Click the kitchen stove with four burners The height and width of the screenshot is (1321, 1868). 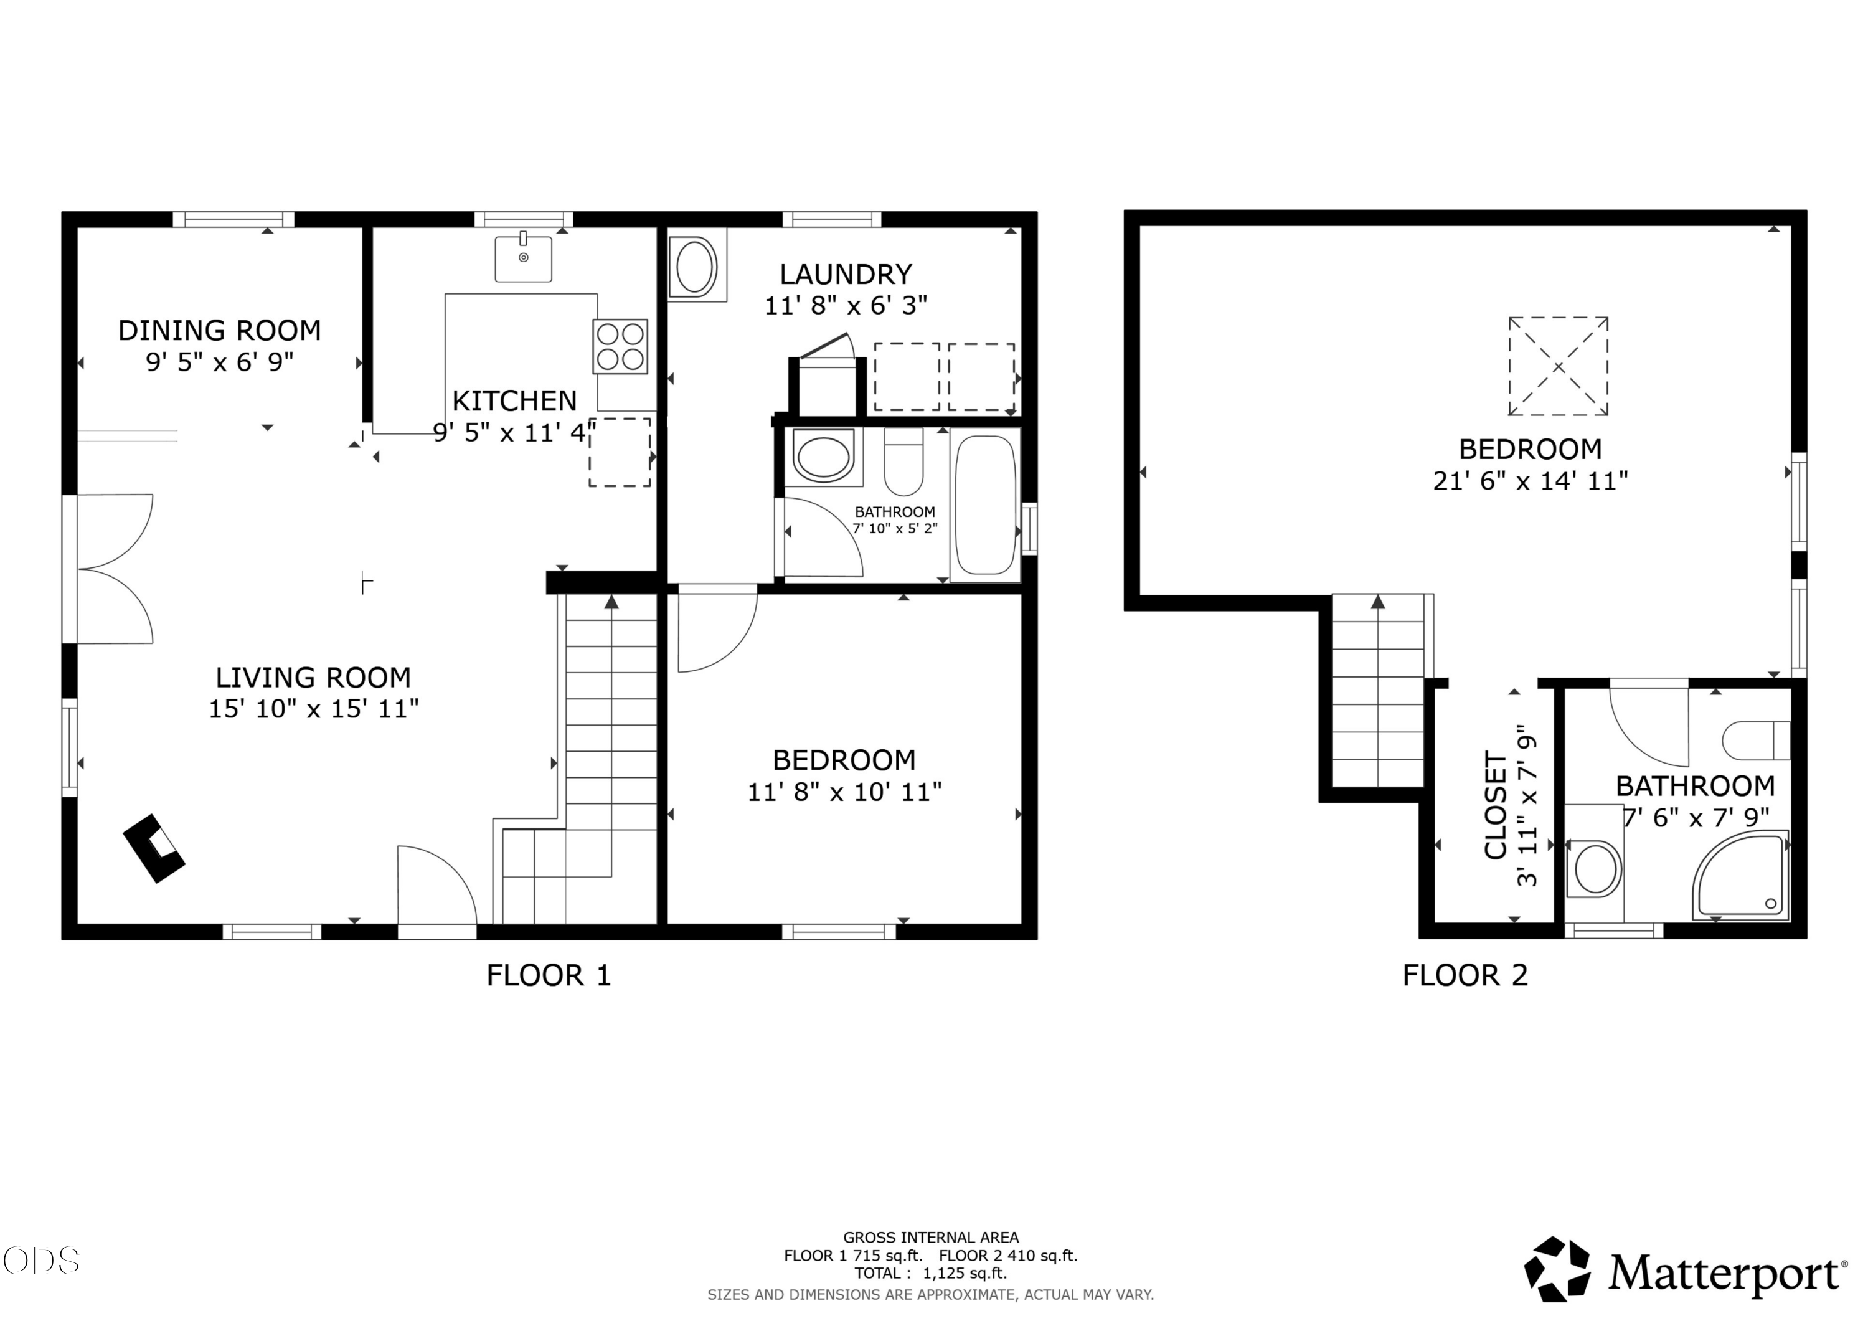coord(620,347)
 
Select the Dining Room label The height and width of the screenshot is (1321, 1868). coord(220,331)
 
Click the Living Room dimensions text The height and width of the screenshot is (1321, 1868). coord(314,709)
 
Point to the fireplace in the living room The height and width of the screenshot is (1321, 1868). coord(154,848)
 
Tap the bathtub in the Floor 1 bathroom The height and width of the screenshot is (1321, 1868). coord(985,504)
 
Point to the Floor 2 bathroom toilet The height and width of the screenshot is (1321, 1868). coord(1756,741)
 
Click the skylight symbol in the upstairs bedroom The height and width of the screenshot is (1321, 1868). coord(1558,366)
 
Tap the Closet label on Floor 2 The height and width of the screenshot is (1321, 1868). coord(1496,806)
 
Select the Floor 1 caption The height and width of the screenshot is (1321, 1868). coord(549,975)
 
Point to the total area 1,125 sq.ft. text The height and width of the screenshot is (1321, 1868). coord(931,1273)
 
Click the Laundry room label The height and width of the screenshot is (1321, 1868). coord(846,274)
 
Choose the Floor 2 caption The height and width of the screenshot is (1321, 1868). coord(1465,975)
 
